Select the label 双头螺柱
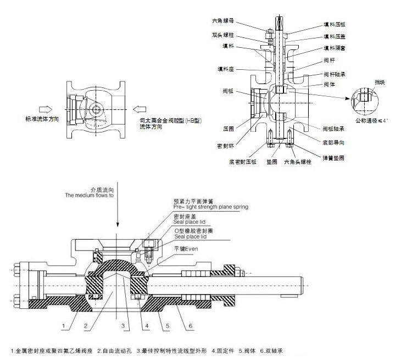(222, 34)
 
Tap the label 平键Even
(185, 248)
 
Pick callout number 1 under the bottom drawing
(65, 326)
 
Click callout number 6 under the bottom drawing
(190, 326)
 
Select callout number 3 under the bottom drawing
(123, 326)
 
